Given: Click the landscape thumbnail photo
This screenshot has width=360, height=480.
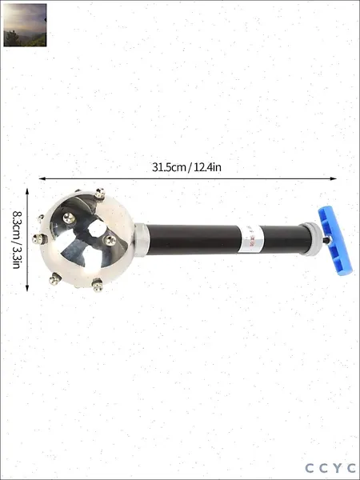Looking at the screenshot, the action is coord(25,25).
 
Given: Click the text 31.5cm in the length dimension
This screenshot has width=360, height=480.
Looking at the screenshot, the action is coord(169,167).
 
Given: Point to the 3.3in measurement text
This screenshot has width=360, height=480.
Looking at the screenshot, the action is coord(16,257).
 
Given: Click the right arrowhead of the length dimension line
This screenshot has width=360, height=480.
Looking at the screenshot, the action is coord(334,178).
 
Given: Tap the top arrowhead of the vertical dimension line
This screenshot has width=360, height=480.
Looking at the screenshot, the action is coord(27,191).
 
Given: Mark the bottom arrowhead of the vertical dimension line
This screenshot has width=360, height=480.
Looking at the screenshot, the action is coord(27,288).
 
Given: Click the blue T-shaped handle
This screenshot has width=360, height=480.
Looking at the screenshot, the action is coord(335,241).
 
